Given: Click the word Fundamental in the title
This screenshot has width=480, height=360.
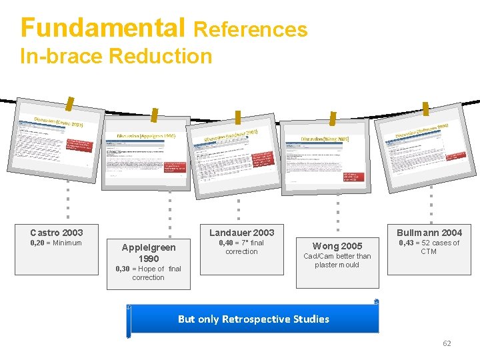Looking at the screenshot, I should [x=103, y=28].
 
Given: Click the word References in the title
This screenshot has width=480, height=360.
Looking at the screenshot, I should [x=251, y=29].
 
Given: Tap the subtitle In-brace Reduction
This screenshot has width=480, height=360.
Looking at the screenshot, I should [x=116, y=56].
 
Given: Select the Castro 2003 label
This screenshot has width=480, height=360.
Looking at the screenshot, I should [x=57, y=233].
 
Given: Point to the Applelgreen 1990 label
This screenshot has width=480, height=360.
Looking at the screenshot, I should [x=148, y=253].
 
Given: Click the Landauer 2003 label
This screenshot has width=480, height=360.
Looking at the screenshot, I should [x=241, y=233].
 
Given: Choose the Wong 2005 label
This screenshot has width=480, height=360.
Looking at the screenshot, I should [x=337, y=246].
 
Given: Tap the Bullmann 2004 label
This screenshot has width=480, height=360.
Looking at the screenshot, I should [x=429, y=233].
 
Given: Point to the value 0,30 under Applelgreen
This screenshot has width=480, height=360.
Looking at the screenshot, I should [x=123, y=269].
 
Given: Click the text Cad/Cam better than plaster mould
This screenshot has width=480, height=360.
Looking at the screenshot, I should [x=337, y=260].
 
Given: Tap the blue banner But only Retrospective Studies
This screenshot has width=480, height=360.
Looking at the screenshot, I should [x=253, y=319].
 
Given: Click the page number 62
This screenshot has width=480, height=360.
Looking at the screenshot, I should [x=447, y=343].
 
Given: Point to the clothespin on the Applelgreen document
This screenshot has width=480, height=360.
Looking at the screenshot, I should [x=155, y=116].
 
